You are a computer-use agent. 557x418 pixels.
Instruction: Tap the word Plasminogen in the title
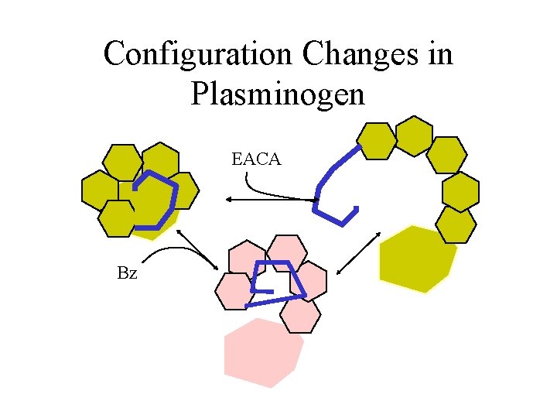click(x=277, y=94)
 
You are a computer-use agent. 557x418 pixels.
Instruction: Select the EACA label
click(x=256, y=160)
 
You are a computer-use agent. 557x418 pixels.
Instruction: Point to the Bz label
click(x=127, y=272)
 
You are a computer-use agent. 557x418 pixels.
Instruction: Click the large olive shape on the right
click(x=416, y=259)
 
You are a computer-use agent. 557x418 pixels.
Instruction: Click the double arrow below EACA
click(x=271, y=200)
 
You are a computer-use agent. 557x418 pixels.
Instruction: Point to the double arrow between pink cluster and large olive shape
click(x=359, y=252)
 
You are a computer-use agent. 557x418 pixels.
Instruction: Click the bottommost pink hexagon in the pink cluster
click(x=300, y=315)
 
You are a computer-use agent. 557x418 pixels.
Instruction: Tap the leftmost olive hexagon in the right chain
click(x=378, y=141)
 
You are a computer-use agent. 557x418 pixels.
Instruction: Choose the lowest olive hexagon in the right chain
click(x=456, y=224)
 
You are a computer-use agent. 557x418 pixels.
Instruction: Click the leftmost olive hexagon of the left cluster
click(x=101, y=190)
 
